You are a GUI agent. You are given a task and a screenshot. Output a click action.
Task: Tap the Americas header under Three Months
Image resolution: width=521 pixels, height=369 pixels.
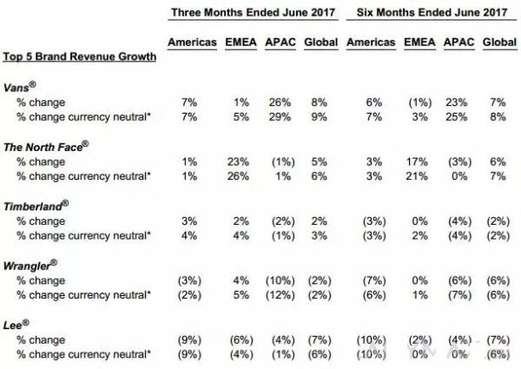190,42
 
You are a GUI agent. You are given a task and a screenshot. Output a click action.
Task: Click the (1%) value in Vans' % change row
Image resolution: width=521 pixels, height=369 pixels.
416,103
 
